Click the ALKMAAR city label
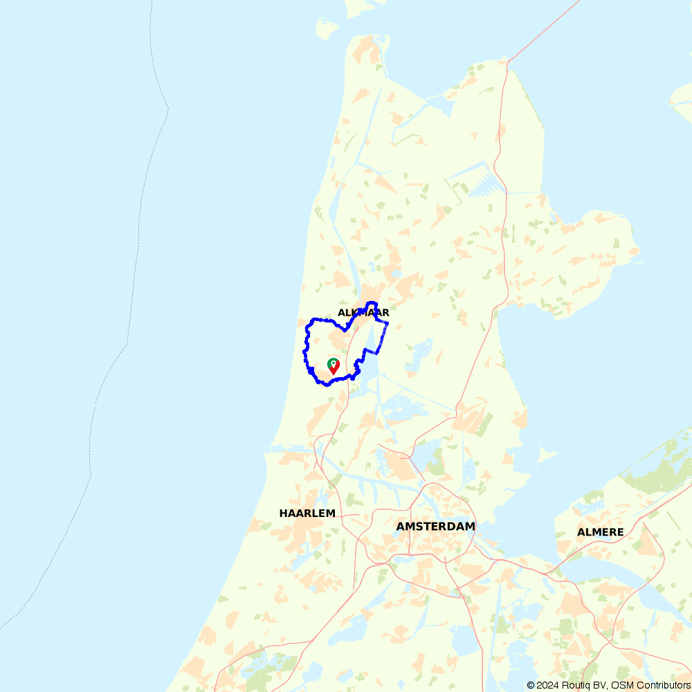[363, 313]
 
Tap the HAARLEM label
[307, 513]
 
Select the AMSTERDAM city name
[435, 526]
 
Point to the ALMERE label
[600, 532]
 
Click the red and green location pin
[334, 366]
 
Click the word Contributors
[662, 685]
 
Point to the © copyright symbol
[531, 685]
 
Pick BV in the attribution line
[601, 685]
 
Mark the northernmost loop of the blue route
[372, 304]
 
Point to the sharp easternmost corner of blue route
[388, 323]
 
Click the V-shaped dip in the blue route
[345, 330]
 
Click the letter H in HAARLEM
[283, 513]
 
